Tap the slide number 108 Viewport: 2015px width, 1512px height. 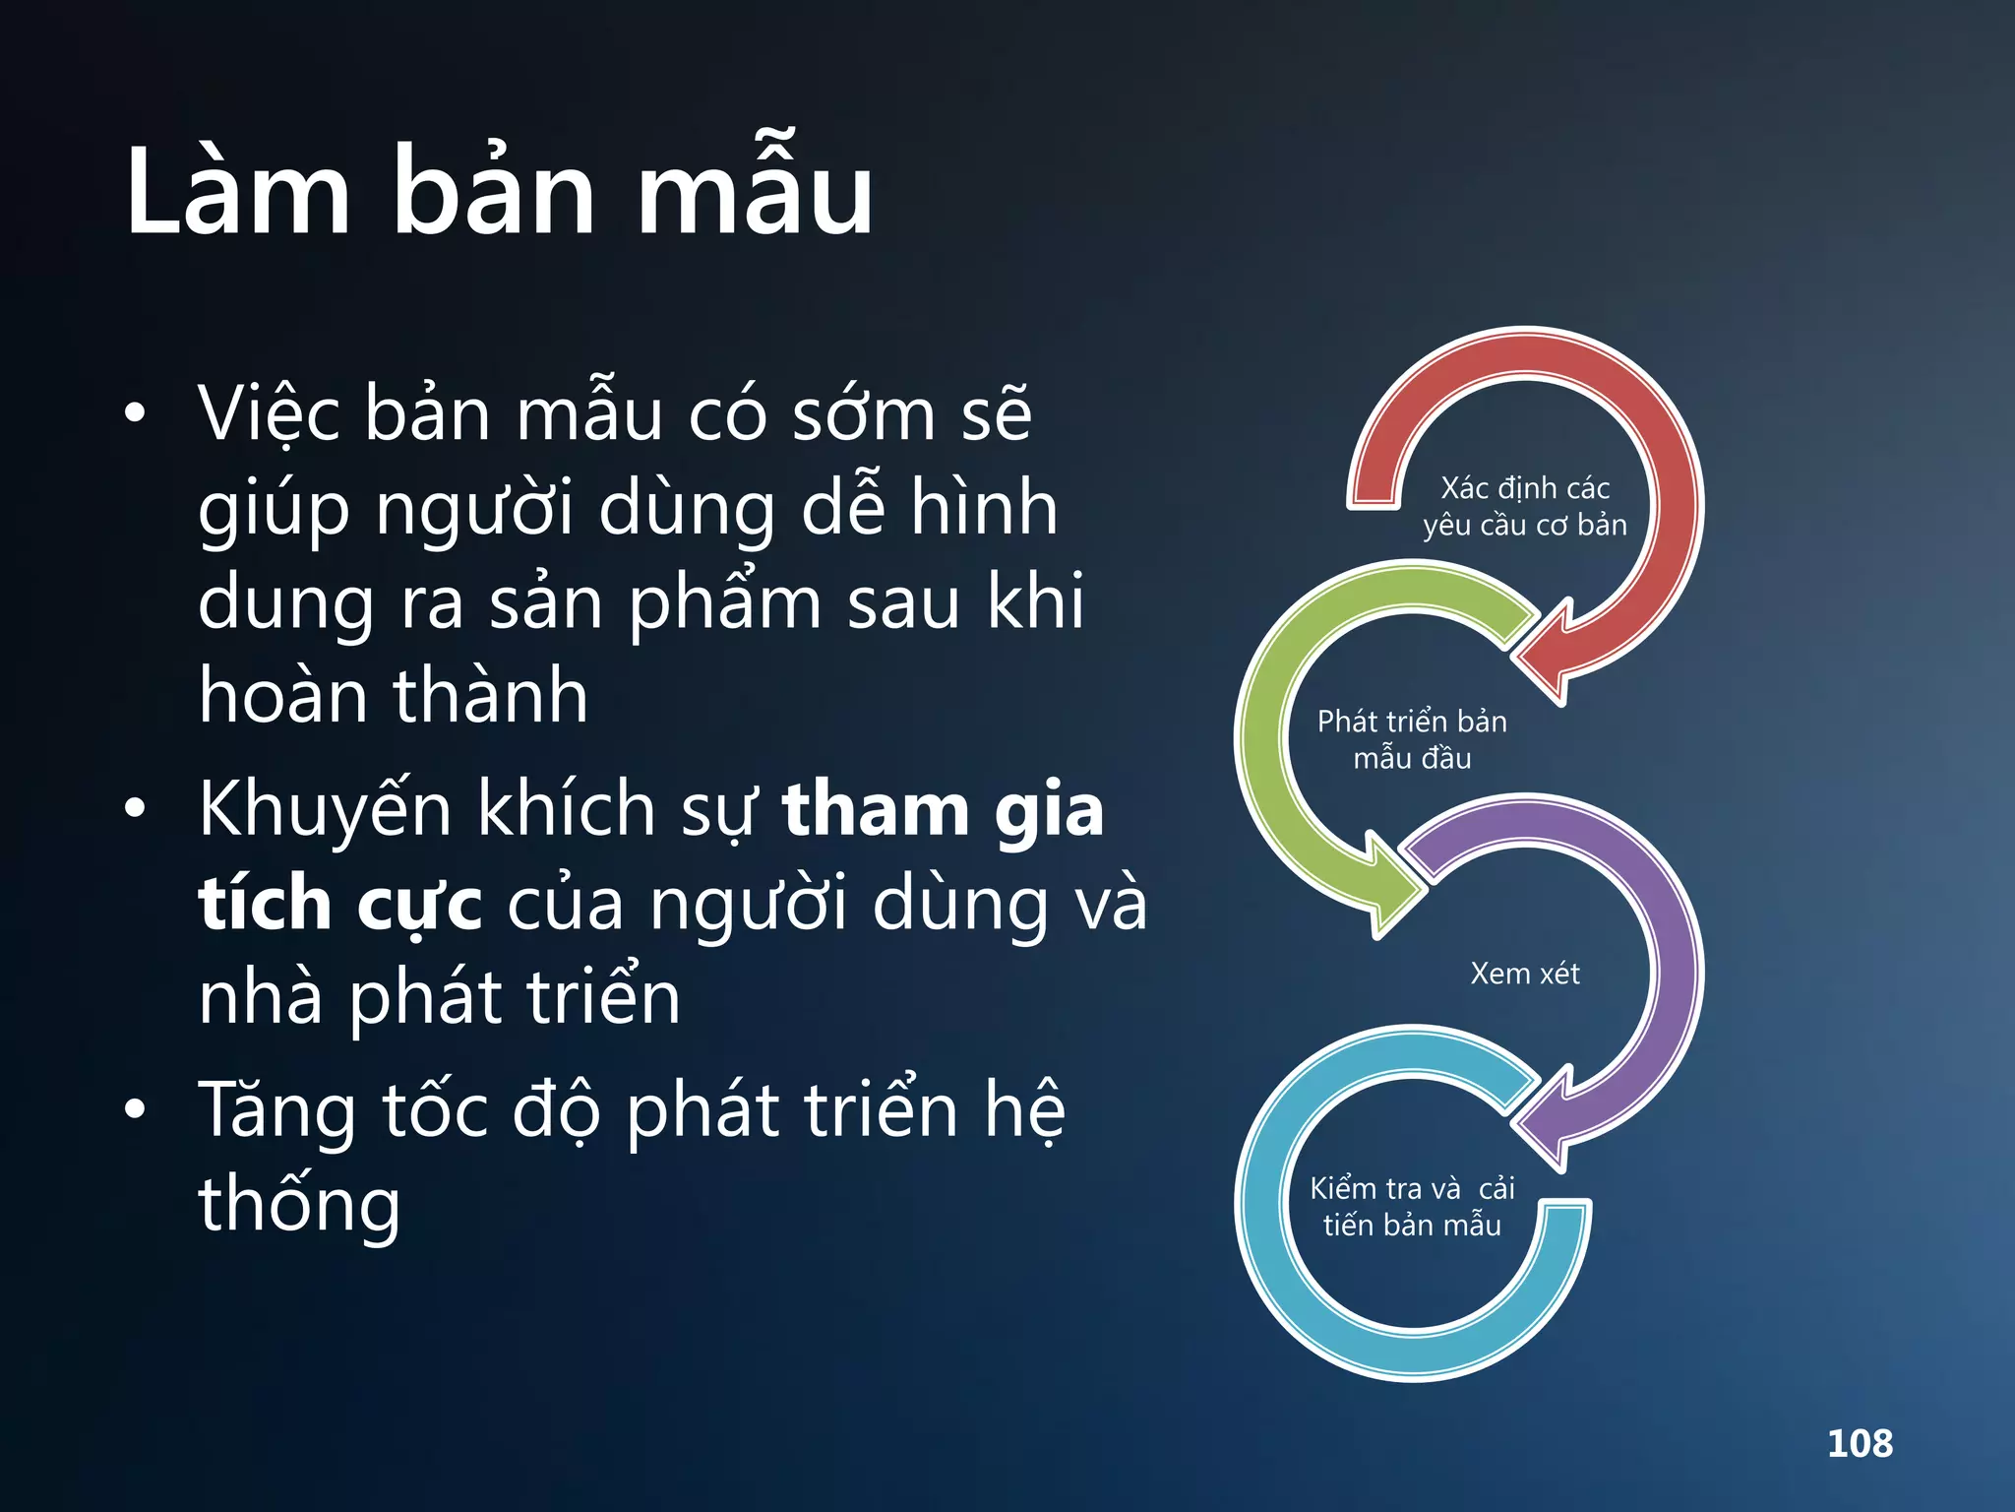tap(1860, 1443)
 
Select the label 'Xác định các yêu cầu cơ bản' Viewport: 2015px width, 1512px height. tap(1524, 506)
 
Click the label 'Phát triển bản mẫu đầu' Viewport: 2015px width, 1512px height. tap(1412, 739)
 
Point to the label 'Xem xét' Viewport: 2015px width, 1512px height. tap(1524, 974)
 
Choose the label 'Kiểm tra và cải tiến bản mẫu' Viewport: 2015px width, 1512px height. tap(1412, 1206)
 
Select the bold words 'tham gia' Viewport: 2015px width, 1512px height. tap(943, 809)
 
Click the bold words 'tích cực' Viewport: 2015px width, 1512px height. tap(340, 904)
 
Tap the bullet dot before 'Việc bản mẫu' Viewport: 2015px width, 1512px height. tap(135, 413)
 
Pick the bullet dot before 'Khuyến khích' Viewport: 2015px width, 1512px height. tap(135, 809)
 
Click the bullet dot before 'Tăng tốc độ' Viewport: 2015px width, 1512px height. tap(135, 1109)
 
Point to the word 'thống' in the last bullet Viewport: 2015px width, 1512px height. tap(299, 1206)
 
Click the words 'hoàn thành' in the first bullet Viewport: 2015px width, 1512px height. tap(394, 695)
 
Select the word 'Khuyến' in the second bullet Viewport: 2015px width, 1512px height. tap(326, 809)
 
